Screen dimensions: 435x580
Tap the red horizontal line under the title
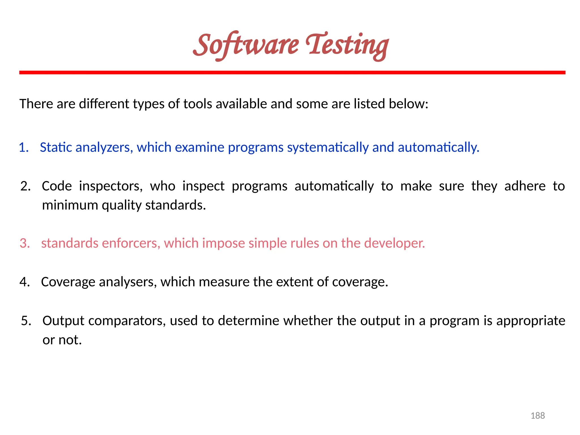click(292, 72)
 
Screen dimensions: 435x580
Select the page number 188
click(538, 415)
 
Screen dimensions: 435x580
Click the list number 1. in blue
click(24, 148)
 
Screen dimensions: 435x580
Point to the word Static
click(56, 148)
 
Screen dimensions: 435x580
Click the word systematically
click(328, 148)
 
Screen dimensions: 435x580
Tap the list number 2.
click(25, 186)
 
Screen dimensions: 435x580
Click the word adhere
click(525, 186)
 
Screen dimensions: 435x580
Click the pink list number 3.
click(25, 243)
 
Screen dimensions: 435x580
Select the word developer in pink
click(394, 243)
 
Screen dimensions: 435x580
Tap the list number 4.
click(25, 282)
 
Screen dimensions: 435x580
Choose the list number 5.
click(26, 321)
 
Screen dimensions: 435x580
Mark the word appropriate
click(531, 321)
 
